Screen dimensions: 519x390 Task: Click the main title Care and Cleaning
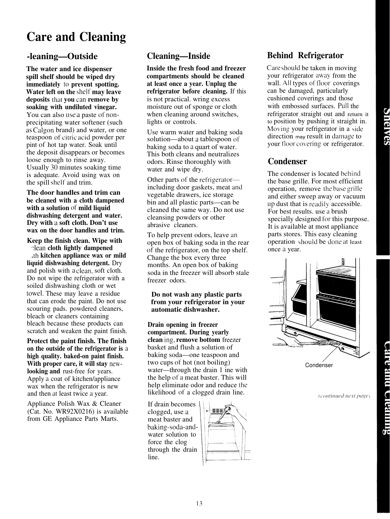point(76,37)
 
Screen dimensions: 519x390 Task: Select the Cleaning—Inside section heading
point(178,56)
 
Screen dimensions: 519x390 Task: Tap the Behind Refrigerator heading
point(305,56)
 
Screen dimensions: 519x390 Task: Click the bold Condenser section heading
point(287,162)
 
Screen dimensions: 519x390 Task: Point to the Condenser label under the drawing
point(319,365)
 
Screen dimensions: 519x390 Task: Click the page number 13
point(198,503)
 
